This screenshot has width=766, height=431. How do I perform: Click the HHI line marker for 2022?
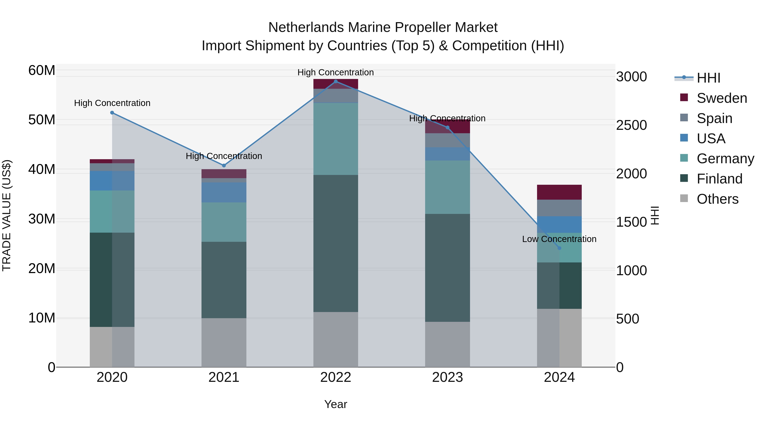[336, 82]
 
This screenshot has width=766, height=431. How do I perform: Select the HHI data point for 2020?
[112, 113]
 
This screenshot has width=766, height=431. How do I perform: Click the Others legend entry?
[717, 199]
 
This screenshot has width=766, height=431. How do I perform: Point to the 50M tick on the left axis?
[42, 120]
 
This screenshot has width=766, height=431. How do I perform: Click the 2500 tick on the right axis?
[631, 125]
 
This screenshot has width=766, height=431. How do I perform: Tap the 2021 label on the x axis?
[224, 377]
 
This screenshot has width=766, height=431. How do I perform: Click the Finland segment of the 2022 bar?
[336, 243]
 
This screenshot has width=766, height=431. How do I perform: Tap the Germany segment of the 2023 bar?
[447, 187]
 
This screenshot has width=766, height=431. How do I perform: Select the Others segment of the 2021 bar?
[224, 342]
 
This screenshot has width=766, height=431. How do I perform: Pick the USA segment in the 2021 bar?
[224, 192]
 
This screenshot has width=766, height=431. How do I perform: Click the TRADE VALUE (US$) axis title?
[7, 215]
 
